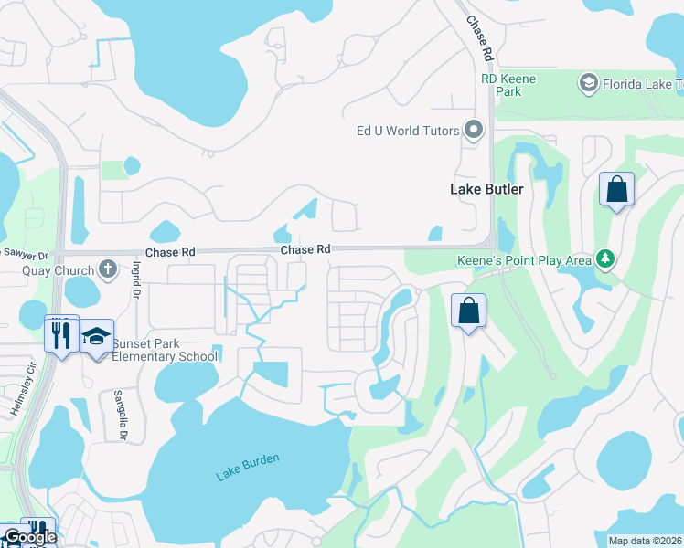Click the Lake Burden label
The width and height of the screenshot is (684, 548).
click(x=247, y=466)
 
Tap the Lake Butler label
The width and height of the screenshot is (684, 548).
click(x=486, y=189)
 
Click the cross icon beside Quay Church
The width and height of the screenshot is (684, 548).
click(x=108, y=269)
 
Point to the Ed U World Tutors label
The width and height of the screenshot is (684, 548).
click(x=407, y=131)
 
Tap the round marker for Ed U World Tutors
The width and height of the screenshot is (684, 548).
click(x=473, y=131)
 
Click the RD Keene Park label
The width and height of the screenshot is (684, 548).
click(x=508, y=85)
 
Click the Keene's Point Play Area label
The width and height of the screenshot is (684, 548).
click(x=524, y=260)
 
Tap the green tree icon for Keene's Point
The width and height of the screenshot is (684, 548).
click(x=604, y=260)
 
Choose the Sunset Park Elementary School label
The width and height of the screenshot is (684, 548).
click(x=165, y=350)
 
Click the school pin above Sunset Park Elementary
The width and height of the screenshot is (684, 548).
click(x=95, y=336)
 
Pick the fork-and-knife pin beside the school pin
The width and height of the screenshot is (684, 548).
click(x=61, y=334)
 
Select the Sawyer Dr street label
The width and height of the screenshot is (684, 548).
click(x=24, y=253)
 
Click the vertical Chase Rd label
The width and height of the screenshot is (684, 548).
click(x=480, y=38)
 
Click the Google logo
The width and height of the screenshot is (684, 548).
click(x=30, y=537)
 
